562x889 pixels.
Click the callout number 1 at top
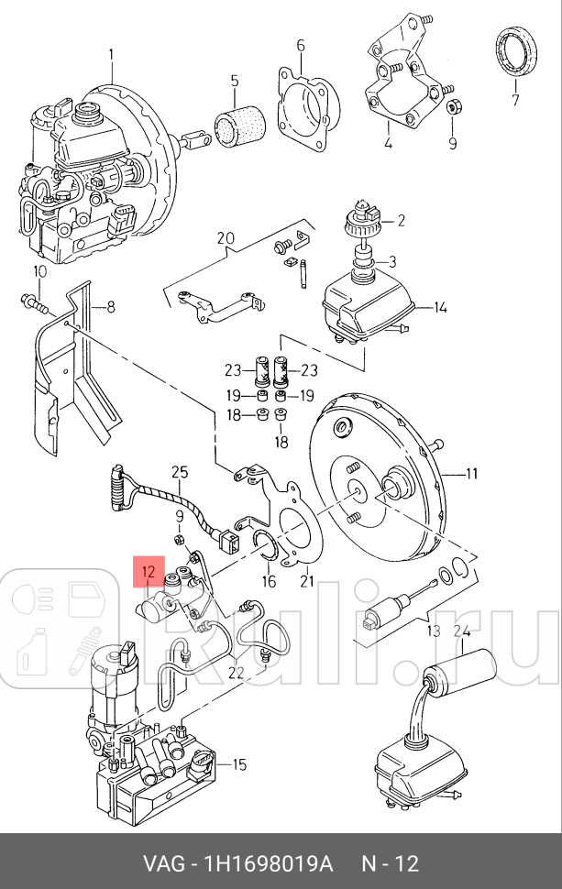coord(112,54)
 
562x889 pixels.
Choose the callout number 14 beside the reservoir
coord(440,307)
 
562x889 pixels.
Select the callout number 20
coord(226,239)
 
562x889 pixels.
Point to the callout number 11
coord(472,473)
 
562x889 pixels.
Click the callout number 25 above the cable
coord(180,472)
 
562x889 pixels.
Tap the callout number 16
coord(269,581)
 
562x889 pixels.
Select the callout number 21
coord(305,581)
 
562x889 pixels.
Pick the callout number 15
coord(238,764)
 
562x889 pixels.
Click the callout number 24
coord(460,631)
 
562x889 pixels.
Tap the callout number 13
coord(433,631)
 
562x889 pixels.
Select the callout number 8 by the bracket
coord(110,307)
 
